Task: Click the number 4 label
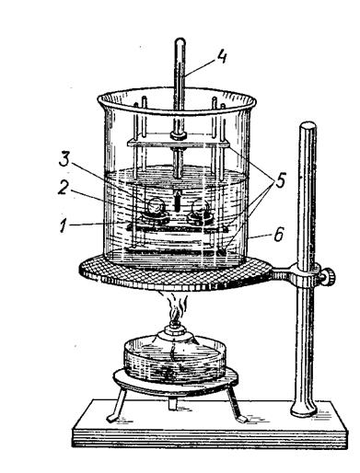tap(222, 57)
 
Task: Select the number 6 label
tap(278, 235)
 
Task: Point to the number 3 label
tap(64, 159)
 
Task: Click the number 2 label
tap(63, 188)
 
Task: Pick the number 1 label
tap(64, 225)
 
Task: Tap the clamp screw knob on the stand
tap(329, 276)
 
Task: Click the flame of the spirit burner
tap(175, 310)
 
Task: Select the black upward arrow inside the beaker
tap(177, 200)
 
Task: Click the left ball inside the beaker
tap(155, 206)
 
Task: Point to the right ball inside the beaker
tap(199, 207)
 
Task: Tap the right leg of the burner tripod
tap(238, 405)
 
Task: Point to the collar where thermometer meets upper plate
tap(179, 135)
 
